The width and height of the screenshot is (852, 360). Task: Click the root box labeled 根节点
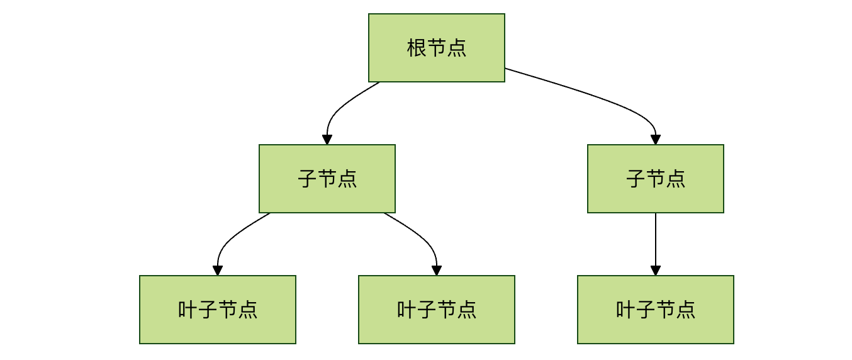(x=437, y=48)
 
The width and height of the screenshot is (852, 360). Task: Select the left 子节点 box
(x=327, y=179)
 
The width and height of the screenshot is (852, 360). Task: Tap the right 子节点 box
(x=656, y=179)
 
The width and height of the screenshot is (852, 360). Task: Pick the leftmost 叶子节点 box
(x=218, y=310)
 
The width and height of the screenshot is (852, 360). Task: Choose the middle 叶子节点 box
(x=437, y=310)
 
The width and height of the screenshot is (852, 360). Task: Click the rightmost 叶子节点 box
(x=656, y=310)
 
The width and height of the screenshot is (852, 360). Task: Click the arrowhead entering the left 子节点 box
(x=327, y=140)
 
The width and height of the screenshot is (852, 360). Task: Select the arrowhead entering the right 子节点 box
(x=656, y=140)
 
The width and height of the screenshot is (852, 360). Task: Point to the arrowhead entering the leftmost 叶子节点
(x=218, y=271)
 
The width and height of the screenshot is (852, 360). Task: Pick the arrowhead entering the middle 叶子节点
(x=437, y=271)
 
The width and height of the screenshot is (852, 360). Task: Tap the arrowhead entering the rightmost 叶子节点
(x=656, y=271)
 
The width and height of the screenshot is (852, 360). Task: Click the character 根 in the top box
(x=417, y=48)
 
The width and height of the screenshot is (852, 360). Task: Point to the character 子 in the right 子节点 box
(x=636, y=179)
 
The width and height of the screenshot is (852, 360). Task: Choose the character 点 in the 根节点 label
(x=457, y=48)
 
